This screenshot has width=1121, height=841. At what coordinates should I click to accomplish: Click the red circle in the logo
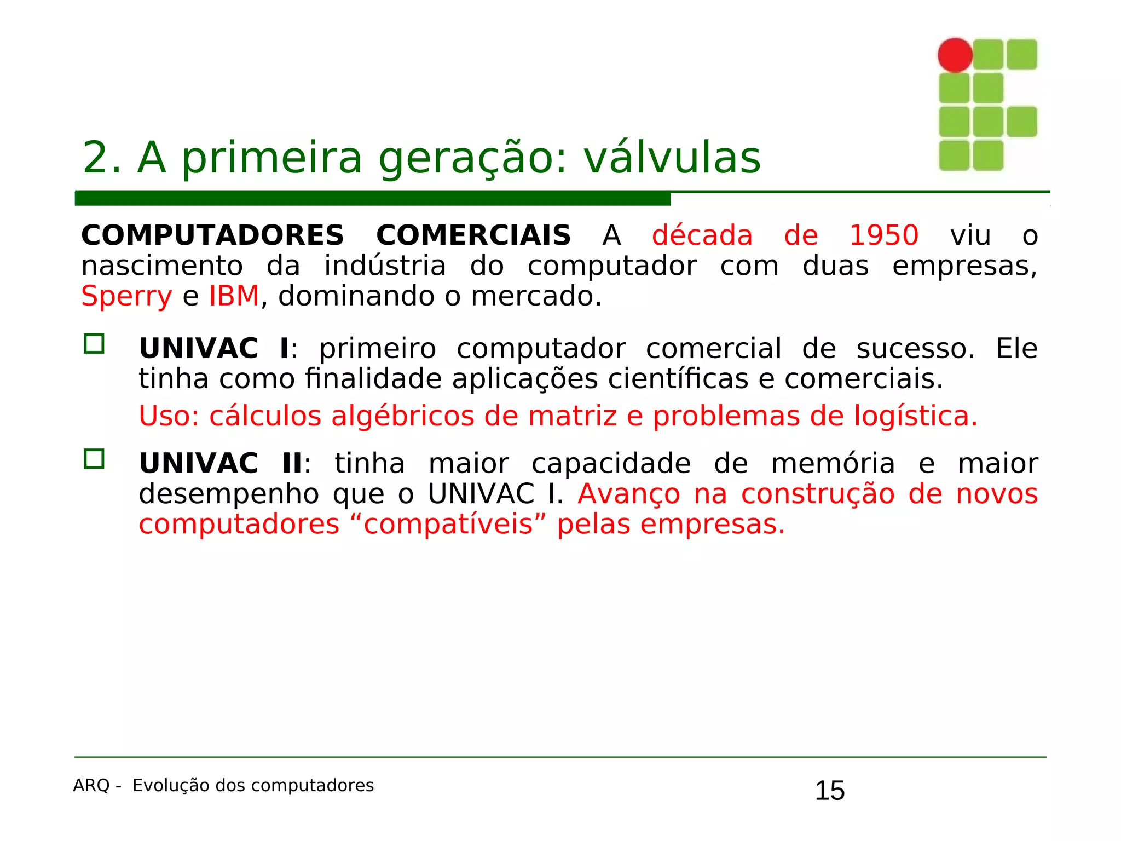click(955, 55)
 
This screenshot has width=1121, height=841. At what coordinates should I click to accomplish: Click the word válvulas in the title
click(672, 158)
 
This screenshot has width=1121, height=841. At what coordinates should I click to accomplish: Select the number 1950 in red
click(883, 236)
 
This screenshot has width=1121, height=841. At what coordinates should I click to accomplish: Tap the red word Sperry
click(126, 297)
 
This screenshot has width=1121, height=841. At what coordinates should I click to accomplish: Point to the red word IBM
click(234, 296)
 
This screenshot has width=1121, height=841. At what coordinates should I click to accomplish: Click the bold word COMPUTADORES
click(212, 236)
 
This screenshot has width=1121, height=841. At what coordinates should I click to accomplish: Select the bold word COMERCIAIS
click(473, 236)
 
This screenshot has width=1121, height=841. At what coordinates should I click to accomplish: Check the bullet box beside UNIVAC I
click(94, 344)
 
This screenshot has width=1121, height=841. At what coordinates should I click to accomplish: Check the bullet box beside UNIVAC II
click(94, 459)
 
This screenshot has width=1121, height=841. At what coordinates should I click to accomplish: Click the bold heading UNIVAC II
click(221, 464)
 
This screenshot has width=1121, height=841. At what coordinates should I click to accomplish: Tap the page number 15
click(829, 791)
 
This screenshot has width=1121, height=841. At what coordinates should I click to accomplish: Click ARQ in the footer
click(91, 786)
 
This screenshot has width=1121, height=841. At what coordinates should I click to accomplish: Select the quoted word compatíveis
click(448, 525)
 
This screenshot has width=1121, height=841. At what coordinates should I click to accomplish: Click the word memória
click(833, 464)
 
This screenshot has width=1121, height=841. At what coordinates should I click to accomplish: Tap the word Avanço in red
click(629, 494)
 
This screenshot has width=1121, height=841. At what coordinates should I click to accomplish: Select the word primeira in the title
click(272, 158)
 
